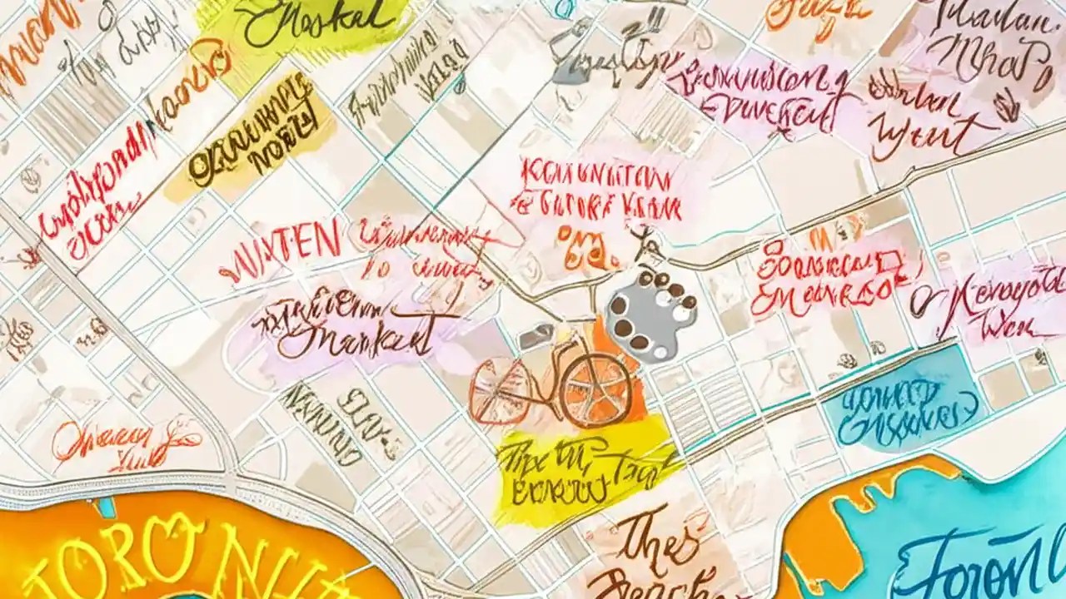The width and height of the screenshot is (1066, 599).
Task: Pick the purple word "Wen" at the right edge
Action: (x=1008, y=327)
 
